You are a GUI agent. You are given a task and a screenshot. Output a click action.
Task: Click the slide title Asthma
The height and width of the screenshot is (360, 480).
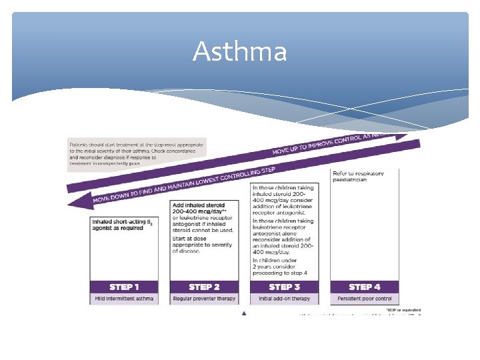click(x=239, y=51)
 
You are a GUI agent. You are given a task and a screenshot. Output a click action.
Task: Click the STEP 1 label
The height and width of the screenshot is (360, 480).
click(x=125, y=287)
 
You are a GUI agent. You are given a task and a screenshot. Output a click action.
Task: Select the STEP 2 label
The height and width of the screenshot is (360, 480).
click(x=204, y=287)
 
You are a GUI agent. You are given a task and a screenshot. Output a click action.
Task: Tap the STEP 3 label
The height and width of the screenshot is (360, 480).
click(x=284, y=287)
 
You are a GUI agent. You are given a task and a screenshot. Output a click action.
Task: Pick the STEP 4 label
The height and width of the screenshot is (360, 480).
click(x=365, y=287)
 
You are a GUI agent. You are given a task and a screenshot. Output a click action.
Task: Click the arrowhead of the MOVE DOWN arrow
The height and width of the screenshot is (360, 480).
click(x=79, y=201)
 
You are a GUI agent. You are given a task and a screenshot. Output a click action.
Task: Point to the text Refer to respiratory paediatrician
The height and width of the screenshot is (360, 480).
click(x=359, y=177)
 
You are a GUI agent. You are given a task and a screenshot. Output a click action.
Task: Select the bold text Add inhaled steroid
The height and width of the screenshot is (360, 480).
click(x=199, y=209)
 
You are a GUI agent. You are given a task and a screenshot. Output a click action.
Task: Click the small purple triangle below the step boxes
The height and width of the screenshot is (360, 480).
click(x=245, y=313)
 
